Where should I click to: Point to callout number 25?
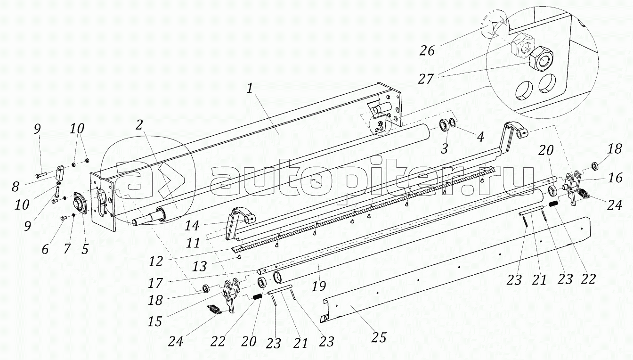point(379,337)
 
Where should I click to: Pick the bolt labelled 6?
point(64,218)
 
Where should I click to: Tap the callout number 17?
point(156,283)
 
